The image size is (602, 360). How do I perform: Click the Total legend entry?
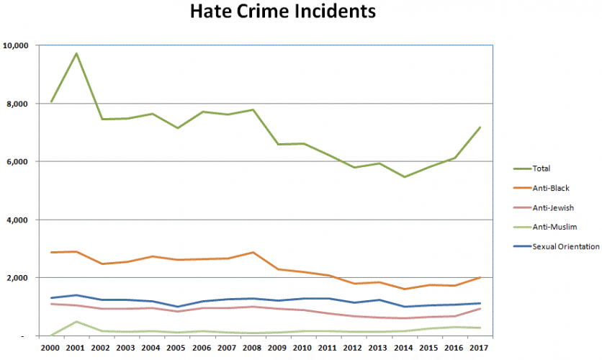[542, 168]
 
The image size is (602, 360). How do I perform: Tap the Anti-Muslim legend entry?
[552, 227]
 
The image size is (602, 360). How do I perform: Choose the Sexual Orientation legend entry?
[565, 246]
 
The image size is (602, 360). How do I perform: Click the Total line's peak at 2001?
[76, 53]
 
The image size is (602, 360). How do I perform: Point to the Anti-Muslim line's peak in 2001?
[76, 321]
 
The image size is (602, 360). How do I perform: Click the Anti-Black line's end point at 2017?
[479, 277]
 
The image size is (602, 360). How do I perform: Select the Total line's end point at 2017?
[479, 127]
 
